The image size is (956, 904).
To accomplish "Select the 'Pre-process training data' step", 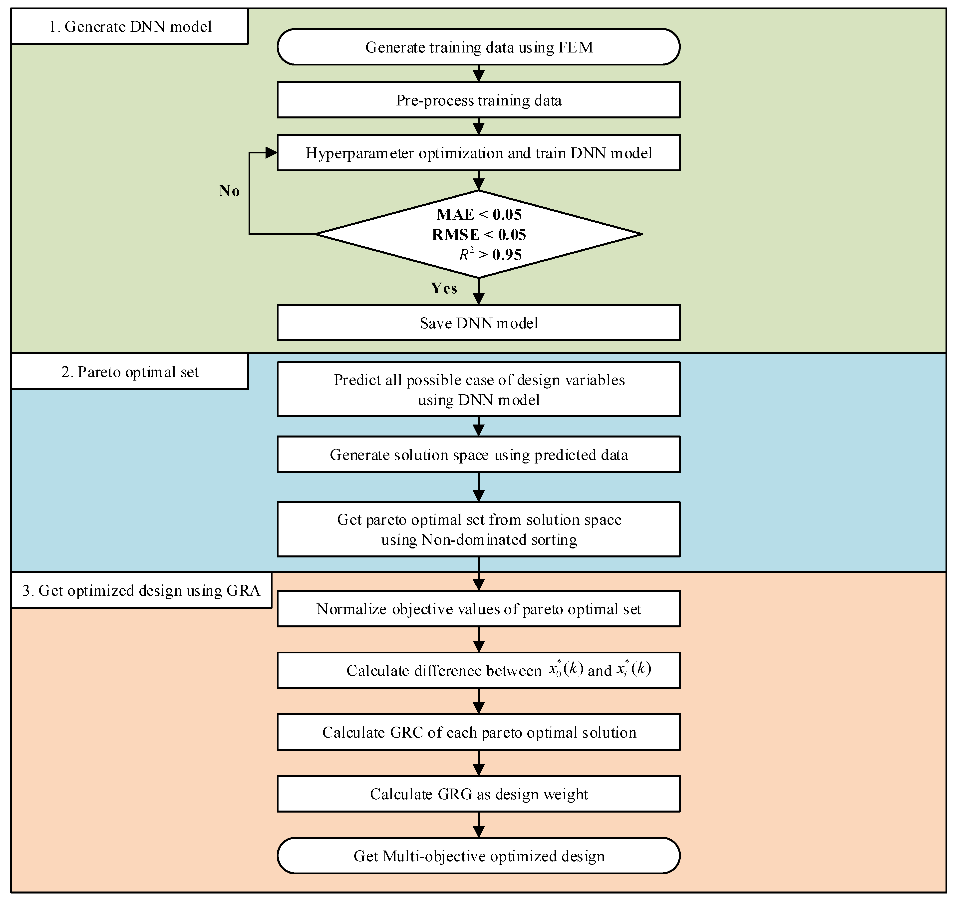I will tap(478, 100).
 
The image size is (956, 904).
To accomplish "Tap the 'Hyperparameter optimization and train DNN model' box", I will tap(478, 153).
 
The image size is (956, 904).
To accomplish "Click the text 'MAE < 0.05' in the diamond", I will tap(479, 214).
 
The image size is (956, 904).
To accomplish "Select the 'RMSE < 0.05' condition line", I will tap(479, 235).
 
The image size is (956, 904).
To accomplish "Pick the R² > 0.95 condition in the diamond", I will tap(490, 254).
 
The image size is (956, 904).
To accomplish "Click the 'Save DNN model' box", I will tap(478, 323).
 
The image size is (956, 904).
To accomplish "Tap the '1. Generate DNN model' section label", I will tap(130, 26).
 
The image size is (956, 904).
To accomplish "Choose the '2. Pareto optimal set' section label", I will tap(130, 372).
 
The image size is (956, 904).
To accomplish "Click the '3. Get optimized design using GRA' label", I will tap(141, 591).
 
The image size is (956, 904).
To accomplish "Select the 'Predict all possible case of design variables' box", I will tap(478, 389).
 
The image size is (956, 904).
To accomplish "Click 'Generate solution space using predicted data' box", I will tap(478, 455).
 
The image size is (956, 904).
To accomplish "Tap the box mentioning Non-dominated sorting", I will tap(478, 530).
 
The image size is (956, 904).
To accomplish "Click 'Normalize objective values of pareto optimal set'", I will tap(478, 609).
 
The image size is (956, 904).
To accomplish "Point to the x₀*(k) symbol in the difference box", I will tap(566, 670).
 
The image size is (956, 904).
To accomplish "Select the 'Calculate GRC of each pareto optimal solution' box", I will tap(478, 732).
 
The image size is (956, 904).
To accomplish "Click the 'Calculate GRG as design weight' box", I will tap(478, 794).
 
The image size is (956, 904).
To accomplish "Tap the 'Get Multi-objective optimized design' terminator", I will tap(478, 856).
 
